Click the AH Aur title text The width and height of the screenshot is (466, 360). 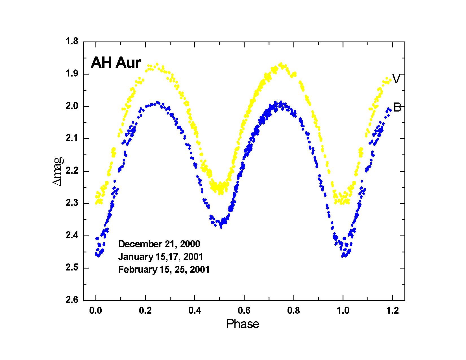[x=116, y=63]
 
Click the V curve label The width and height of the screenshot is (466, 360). [x=396, y=79]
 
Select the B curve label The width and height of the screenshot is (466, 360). [x=397, y=108]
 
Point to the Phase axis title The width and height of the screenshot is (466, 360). [x=243, y=324]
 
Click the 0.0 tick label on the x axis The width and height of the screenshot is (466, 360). [x=96, y=311]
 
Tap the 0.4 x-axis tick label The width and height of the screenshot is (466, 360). [x=195, y=311]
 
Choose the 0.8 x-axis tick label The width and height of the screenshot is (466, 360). [x=293, y=311]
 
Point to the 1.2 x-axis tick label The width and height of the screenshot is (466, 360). [x=392, y=311]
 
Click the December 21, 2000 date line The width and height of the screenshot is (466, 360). [x=159, y=244]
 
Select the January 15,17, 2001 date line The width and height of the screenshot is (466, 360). [x=161, y=257]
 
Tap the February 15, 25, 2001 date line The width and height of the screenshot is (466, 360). [x=164, y=270]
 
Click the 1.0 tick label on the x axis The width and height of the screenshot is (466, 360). [x=343, y=311]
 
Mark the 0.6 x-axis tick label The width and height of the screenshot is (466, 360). [x=244, y=311]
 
